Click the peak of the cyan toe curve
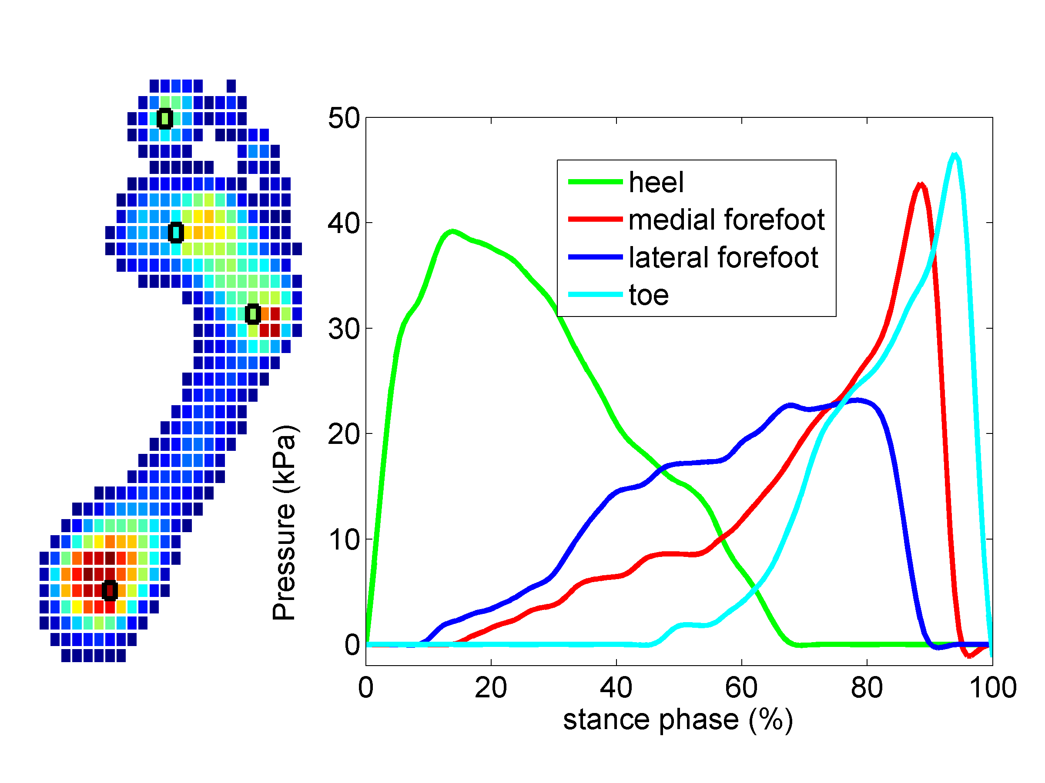[x=955, y=154]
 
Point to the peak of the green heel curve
[x=452, y=231]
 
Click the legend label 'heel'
[x=656, y=182]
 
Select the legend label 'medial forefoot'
[x=727, y=220]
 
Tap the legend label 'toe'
[x=649, y=295]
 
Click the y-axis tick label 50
[x=343, y=118]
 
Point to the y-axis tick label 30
[x=343, y=329]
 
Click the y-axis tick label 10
[x=343, y=539]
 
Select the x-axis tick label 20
[x=491, y=688]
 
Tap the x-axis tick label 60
[x=741, y=688]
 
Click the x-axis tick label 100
[x=992, y=688]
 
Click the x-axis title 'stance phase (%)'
[x=678, y=720]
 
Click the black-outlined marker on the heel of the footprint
[x=110, y=590]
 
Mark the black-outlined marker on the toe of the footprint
[x=164, y=118]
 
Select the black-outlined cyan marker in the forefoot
[x=176, y=233]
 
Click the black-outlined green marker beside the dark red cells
[x=253, y=314]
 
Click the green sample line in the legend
[x=595, y=182]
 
